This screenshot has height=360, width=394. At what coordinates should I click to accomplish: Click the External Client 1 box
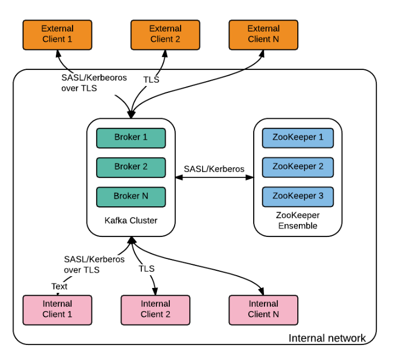[57, 34]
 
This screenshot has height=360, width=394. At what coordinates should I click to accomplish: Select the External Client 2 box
[165, 34]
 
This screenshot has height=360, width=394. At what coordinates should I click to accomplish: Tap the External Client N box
[263, 34]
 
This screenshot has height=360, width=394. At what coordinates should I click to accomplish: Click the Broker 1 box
[131, 138]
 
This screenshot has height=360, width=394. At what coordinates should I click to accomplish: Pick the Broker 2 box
[131, 167]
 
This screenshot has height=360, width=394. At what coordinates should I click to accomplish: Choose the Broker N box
[131, 197]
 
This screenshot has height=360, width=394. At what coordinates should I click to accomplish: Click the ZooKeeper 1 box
[298, 138]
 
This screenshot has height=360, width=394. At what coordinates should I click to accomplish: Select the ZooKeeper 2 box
[298, 167]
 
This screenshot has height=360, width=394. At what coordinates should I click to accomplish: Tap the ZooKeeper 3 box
[298, 197]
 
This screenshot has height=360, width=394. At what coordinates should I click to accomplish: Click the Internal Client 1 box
[57, 309]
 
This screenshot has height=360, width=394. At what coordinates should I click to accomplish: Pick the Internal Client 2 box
[155, 309]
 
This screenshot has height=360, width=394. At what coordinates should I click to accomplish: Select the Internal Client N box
[263, 309]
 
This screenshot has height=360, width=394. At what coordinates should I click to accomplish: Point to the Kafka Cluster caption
[131, 220]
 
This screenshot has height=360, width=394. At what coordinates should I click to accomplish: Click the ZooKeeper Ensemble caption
[298, 220]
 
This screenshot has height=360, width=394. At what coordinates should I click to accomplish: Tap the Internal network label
[327, 339]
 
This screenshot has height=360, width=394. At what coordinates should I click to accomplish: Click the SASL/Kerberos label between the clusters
[214, 169]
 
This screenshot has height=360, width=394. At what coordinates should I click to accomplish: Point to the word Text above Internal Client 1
[59, 286]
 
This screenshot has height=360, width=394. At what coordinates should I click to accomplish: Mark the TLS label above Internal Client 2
[146, 269]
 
